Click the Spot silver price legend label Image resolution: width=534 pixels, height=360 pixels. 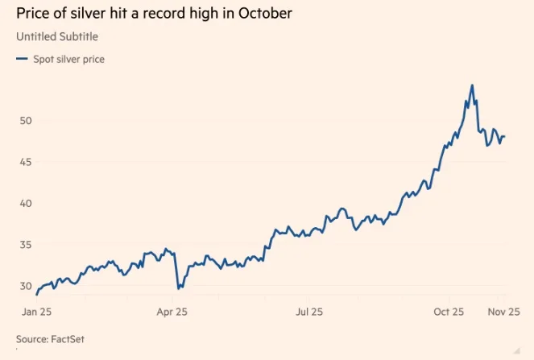68,59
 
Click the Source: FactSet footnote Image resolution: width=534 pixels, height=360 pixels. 50,339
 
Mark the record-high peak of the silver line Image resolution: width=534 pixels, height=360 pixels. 472,85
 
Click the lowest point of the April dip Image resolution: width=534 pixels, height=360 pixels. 178,288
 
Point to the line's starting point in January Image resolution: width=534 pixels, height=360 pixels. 37,294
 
